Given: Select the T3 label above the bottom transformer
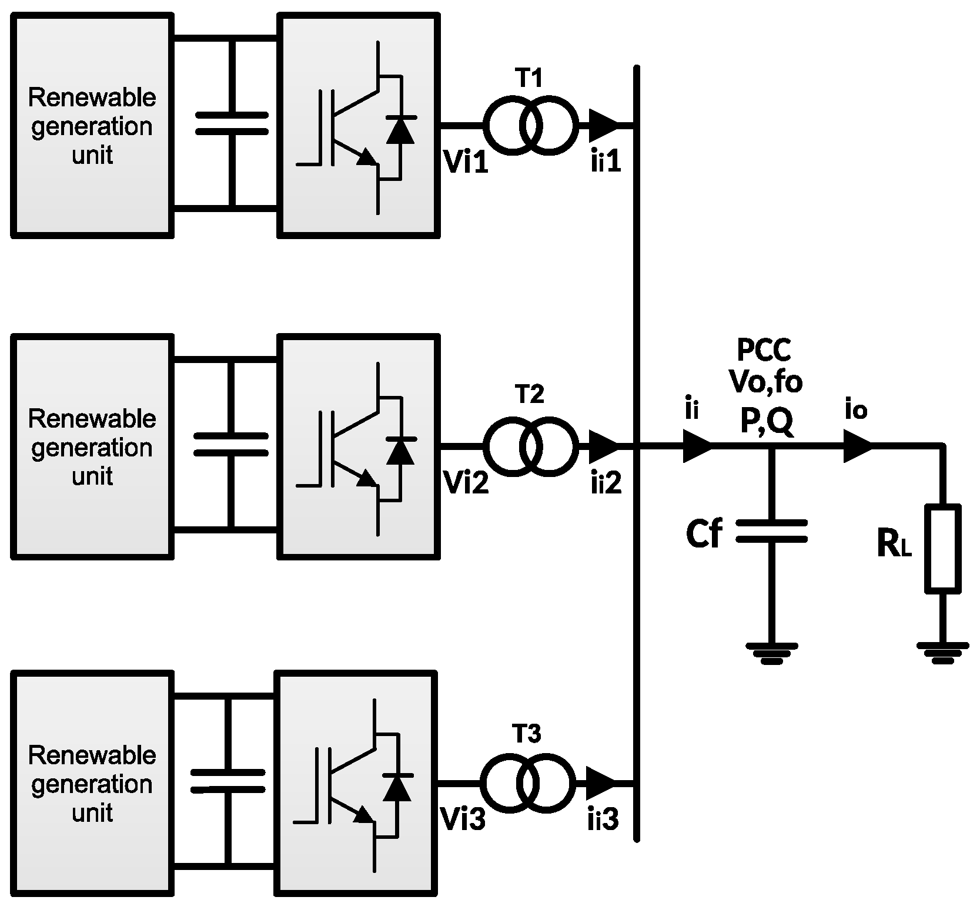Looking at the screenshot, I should (527, 734).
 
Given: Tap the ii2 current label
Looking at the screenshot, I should (606, 483).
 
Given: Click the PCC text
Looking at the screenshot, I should (764, 351).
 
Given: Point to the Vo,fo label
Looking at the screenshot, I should (766, 383).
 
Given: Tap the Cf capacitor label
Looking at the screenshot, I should (703, 534).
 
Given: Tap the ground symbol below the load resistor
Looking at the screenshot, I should (942, 651).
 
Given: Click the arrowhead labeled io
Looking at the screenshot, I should (858, 447).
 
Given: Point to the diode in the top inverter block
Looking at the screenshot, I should (400, 130).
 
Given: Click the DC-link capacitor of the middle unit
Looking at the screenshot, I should (231, 444).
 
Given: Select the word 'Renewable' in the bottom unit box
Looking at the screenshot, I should (92, 755).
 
